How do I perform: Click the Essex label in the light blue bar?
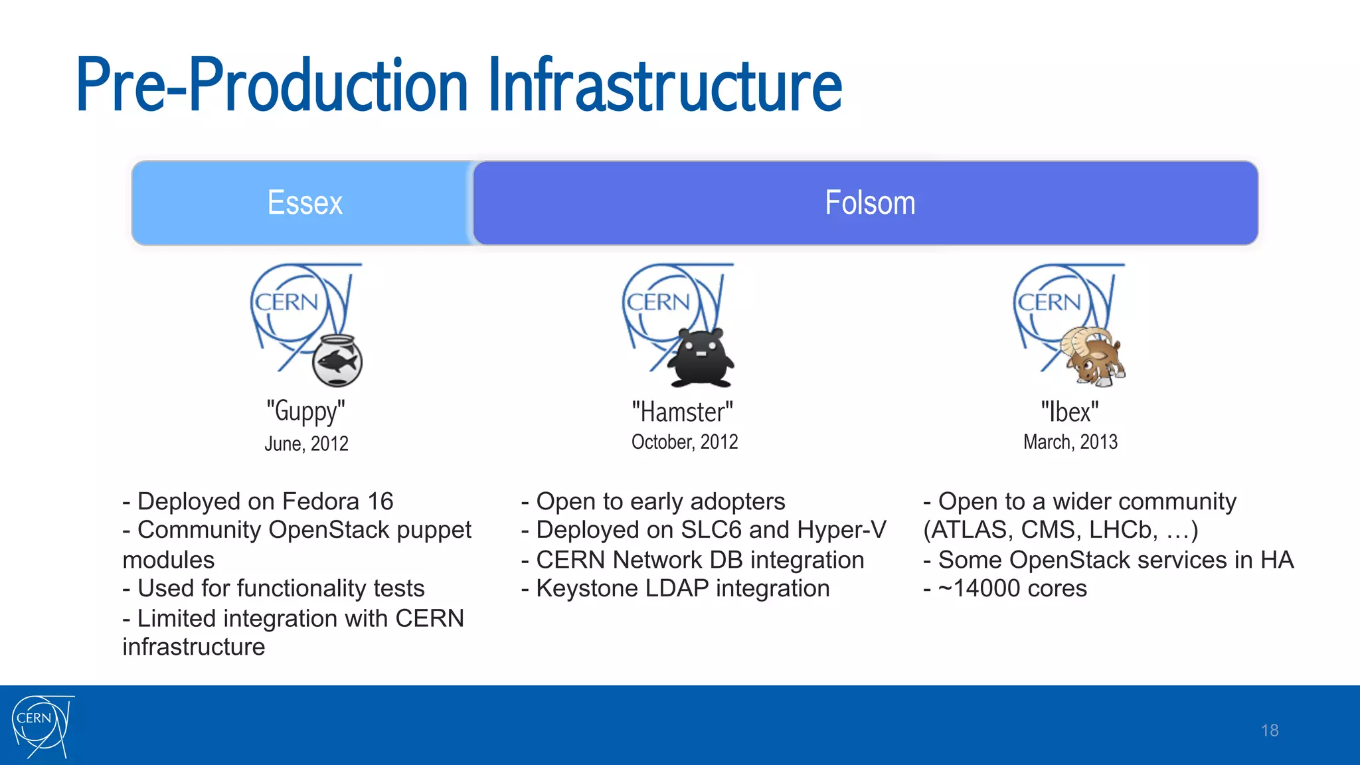tap(305, 203)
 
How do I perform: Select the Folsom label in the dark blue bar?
tap(869, 203)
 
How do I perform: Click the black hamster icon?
tap(701, 357)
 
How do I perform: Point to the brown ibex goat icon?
tap(1093, 356)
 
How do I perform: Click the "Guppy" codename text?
tap(305, 411)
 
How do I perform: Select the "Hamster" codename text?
tap(682, 412)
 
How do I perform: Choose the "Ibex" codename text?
tap(1069, 412)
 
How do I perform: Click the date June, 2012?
tap(306, 444)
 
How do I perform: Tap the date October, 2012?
tap(685, 442)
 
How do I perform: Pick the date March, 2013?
tap(1070, 442)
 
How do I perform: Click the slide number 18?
tap(1269, 730)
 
